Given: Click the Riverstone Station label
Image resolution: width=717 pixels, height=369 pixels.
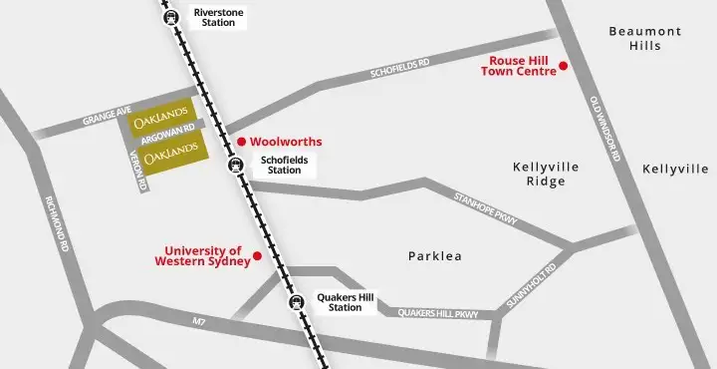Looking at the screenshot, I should pos(219,18).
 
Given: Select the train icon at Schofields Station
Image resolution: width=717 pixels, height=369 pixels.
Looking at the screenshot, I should pos(236,166).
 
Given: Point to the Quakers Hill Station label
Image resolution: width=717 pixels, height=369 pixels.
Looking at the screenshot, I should pos(346,302).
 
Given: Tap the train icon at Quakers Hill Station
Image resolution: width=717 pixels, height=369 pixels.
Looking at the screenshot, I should pos(295,302).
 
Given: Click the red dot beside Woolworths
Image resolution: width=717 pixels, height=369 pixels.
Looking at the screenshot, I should pos(239,142).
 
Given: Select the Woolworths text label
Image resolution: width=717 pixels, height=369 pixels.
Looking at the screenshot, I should pos(286,142).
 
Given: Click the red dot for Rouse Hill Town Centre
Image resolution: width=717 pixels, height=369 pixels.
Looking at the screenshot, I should pos(563,66).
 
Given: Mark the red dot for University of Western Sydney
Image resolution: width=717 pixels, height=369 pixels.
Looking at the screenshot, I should pos(257,256).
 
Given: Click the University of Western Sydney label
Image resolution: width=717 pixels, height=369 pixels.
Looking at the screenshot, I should pos(203,255).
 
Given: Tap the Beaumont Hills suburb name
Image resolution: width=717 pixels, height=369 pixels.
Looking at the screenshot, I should pos(645,39).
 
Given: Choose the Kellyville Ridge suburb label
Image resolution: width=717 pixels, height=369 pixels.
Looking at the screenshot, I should pos(539,174).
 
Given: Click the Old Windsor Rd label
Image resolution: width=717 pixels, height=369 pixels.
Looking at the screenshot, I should pos(604,129).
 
